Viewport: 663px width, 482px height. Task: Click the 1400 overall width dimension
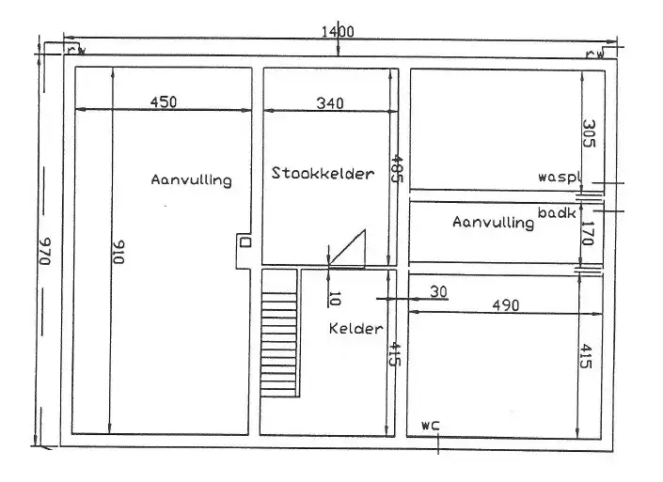pos(337,31)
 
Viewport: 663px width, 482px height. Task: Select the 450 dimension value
pos(163,102)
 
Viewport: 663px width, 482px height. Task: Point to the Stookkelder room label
pos(323,173)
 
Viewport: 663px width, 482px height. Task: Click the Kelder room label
pos(355,329)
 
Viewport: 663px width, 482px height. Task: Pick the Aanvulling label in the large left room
pos(191,179)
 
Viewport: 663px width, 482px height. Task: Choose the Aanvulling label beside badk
pos(493,223)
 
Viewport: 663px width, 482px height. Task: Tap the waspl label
pos(561,177)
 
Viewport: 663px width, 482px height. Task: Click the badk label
pos(557,213)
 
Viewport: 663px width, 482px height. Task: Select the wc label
pos(432,425)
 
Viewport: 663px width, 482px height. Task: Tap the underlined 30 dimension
pos(437,291)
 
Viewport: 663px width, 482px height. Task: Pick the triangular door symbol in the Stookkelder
pos(346,250)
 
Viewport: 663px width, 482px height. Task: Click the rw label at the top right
pos(595,54)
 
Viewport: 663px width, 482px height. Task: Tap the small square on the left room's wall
pos(246,241)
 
